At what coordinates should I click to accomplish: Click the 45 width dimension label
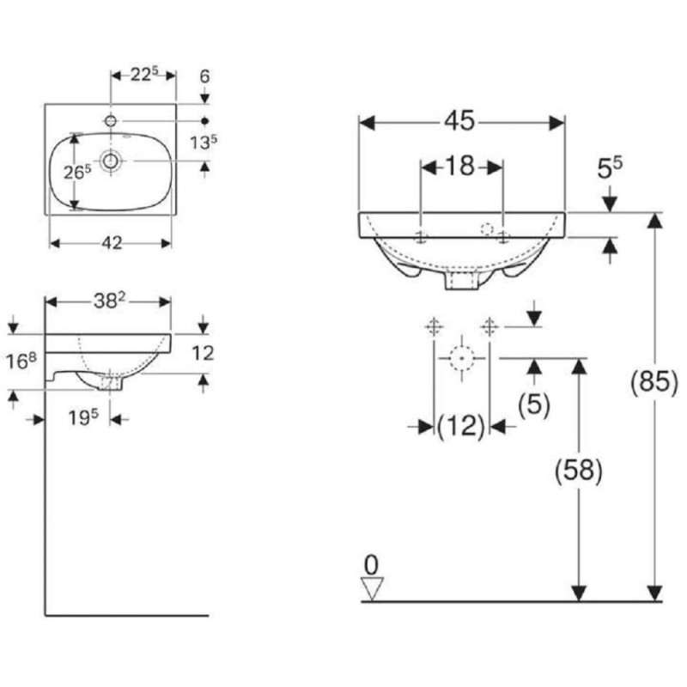tap(459, 120)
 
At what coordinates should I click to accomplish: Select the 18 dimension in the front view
tap(460, 166)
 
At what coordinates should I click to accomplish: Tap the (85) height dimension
tap(654, 381)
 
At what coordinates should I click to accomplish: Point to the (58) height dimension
tap(578, 471)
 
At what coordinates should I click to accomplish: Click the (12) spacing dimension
tap(461, 426)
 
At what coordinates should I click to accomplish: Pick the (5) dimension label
tap(533, 404)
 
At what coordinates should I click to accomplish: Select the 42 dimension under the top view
tap(112, 243)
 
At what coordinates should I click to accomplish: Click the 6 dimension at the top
tap(204, 76)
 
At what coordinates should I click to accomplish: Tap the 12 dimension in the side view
tap(203, 353)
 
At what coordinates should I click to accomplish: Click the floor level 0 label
tap(371, 565)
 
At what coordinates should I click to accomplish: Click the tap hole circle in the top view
tap(111, 120)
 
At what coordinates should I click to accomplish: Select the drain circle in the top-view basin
tap(111, 161)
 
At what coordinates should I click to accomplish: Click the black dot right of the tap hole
tap(204, 121)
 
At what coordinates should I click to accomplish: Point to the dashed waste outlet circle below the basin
tap(462, 358)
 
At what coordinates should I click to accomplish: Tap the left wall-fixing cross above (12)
tap(434, 327)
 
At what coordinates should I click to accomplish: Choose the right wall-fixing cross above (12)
tap(489, 327)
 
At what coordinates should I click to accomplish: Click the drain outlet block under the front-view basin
tap(462, 280)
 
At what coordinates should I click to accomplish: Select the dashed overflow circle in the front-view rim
tap(487, 229)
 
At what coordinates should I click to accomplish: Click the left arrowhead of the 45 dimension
tap(367, 123)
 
